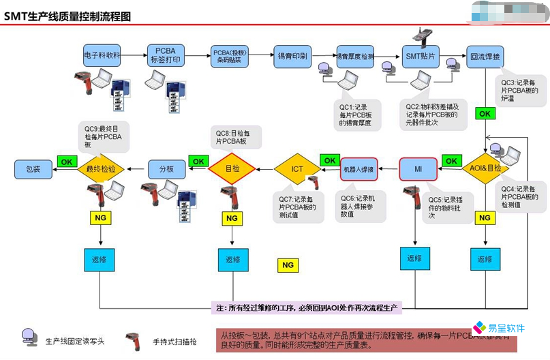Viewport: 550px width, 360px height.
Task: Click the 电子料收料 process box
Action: (x=102, y=55)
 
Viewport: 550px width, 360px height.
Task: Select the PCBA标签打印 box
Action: (x=166, y=55)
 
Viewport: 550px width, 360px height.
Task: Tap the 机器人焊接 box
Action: (x=358, y=168)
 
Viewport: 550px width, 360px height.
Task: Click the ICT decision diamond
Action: (x=297, y=168)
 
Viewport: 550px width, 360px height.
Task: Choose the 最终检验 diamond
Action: (x=101, y=168)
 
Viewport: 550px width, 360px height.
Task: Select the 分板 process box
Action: (x=166, y=168)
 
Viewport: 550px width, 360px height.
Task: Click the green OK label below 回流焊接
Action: (x=485, y=114)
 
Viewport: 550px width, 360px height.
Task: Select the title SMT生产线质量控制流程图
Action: (x=68, y=16)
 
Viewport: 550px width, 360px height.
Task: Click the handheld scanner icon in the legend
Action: (x=133, y=341)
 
